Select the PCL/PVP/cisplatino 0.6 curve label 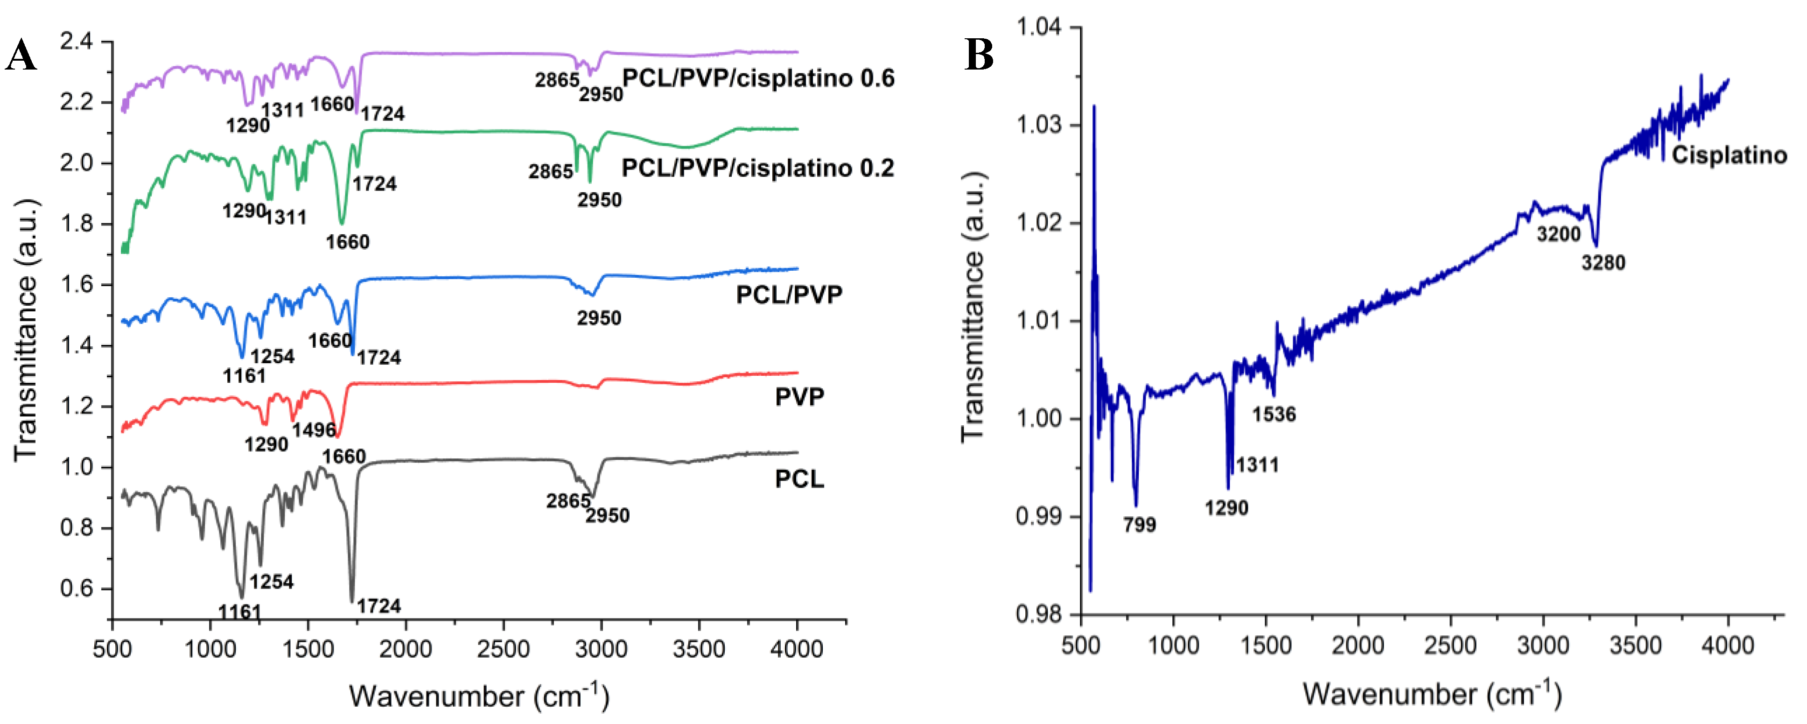coord(758,78)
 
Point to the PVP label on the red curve coord(799,397)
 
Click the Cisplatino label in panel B coord(1729,155)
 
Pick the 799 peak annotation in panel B coord(1139,525)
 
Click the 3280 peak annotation coord(1604,263)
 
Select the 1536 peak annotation coord(1274,415)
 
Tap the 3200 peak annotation coord(1559,234)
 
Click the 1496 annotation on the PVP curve coord(314,429)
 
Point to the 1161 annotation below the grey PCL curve coord(239,612)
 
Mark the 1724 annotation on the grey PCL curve coord(379,606)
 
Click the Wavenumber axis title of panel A coord(479,696)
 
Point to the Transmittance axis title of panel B coord(974,307)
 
